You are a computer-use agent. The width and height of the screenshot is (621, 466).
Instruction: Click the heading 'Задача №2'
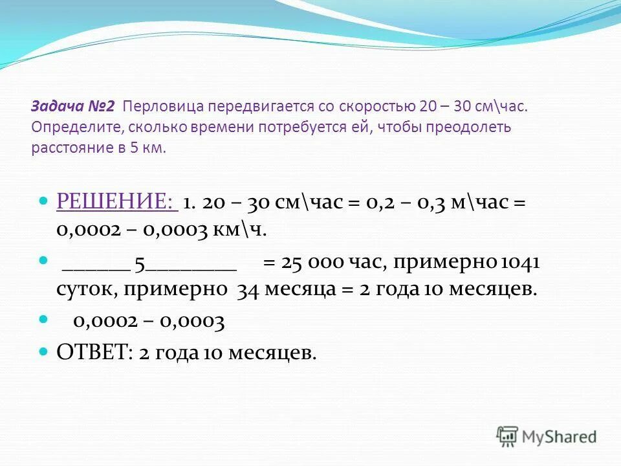point(73,106)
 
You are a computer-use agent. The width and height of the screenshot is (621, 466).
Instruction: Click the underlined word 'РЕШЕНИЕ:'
point(117,203)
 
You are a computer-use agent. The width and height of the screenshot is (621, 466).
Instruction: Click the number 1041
point(520,263)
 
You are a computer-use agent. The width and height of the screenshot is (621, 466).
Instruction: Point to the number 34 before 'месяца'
point(248,289)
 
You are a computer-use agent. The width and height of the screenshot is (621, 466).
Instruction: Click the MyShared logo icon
point(508,436)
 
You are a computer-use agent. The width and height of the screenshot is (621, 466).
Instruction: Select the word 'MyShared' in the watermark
point(559,437)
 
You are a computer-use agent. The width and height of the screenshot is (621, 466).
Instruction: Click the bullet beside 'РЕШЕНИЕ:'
point(44,202)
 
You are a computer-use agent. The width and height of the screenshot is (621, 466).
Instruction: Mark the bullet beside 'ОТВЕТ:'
point(44,351)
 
